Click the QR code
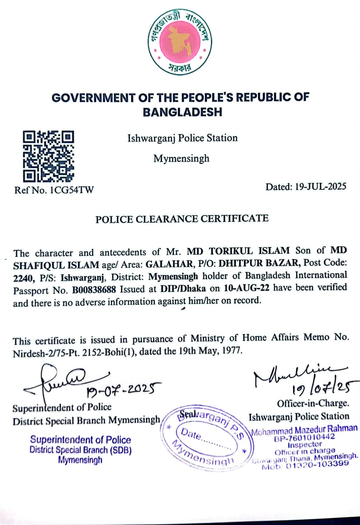(48, 156)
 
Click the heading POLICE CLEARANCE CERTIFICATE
(182, 219)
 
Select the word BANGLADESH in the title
(182, 112)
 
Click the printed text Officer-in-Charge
(313, 404)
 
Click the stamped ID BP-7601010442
(304, 437)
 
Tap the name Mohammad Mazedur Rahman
(304, 430)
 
